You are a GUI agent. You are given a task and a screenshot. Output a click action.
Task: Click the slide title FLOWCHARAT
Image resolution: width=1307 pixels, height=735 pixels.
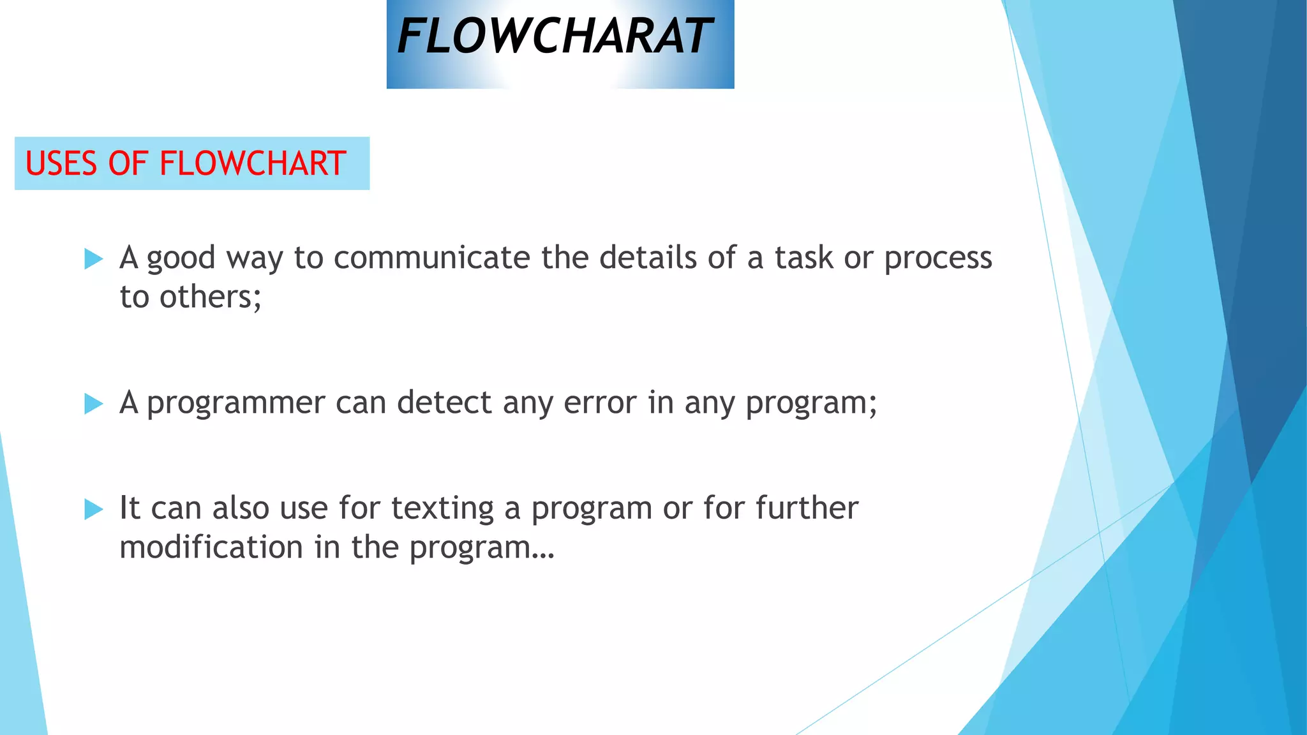click(x=554, y=37)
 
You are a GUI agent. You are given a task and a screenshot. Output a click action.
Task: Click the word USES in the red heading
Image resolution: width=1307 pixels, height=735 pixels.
click(x=61, y=163)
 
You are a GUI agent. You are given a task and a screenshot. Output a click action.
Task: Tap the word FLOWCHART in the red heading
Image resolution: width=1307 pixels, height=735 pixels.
click(x=253, y=163)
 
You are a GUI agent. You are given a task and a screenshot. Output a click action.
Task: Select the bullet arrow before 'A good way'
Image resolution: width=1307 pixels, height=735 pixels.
click(x=93, y=259)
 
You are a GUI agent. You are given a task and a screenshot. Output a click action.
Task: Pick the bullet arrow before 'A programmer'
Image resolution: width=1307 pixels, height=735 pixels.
click(x=93, y=403)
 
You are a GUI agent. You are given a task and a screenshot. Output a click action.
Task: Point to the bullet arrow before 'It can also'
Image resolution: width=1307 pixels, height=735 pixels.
click(x=93, y=509)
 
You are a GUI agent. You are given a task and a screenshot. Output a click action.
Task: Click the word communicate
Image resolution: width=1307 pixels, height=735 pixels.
click(x=431, y=258)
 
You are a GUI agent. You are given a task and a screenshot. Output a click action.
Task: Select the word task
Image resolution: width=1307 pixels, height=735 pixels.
click(x=804, y=258)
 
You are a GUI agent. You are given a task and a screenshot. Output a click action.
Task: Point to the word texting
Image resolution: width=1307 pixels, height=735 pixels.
click(x=442, y=509)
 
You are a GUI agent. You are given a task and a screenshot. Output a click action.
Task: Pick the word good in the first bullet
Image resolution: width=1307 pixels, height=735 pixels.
click(x=181, y=259)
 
